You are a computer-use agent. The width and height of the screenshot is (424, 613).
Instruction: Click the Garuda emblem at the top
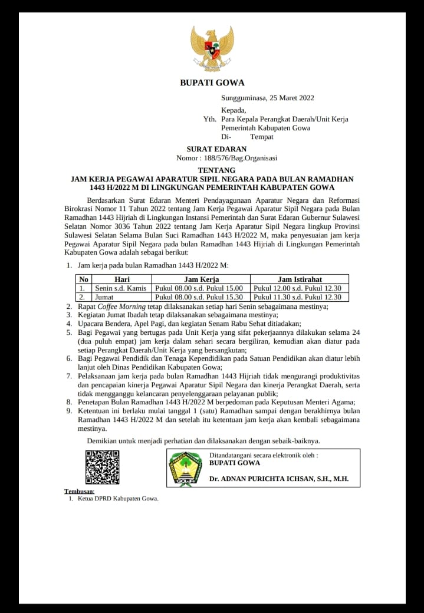[212, 48]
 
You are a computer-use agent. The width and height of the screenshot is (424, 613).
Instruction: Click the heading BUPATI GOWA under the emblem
[212, 83]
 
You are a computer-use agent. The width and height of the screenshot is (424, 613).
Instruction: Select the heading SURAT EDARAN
[216, 149]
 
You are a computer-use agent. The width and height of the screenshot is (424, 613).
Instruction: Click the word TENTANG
[212, 170]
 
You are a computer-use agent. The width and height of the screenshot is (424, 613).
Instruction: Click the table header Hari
[121, 279]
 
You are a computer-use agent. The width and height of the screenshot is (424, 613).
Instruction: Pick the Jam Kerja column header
[202, 279]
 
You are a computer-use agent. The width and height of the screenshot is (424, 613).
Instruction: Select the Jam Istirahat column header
[300, 279]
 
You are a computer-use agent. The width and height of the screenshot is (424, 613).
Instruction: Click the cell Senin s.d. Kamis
[120, 288]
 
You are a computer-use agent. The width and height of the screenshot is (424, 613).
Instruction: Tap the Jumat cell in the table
[104, 297]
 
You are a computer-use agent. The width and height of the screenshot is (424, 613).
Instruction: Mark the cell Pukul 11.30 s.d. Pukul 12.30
[297, 297]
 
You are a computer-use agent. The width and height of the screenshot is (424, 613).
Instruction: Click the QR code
[102, 467]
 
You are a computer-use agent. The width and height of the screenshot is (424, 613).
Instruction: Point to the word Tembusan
[78, 491]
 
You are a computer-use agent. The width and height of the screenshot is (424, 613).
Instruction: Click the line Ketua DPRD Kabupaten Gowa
[114, 499]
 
